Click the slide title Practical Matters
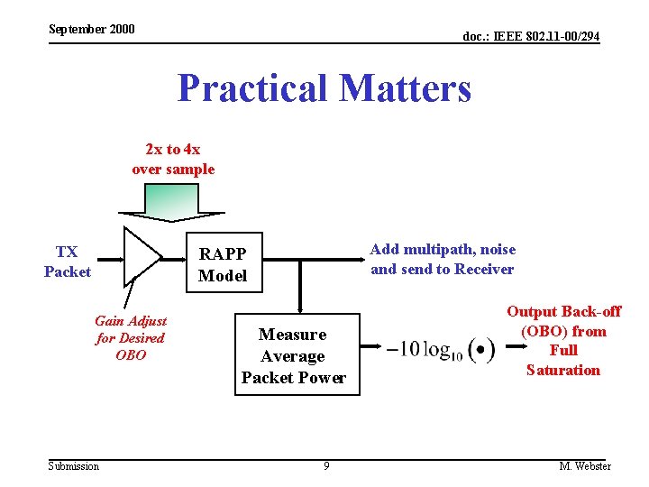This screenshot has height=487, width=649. point(324,88)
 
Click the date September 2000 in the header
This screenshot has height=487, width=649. point(92,29)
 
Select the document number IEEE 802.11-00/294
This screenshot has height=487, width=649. point(531,36)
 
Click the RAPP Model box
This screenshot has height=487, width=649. point(223,263)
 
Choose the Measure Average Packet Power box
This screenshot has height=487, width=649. point(293,356)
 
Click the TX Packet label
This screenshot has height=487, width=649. point(68,262)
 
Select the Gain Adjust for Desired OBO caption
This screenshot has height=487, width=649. point(131,338)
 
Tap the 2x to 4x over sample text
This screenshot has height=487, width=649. point(173,160)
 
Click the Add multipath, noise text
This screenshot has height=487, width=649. point(443,250)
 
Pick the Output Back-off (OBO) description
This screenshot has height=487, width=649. point(563,341)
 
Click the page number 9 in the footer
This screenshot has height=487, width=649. point(326,466)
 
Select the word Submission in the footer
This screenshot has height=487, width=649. point(74,466)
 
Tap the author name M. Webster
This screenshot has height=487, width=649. point(585,466)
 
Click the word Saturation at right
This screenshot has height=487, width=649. point(563,370)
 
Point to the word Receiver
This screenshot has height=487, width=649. point(484,269)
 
